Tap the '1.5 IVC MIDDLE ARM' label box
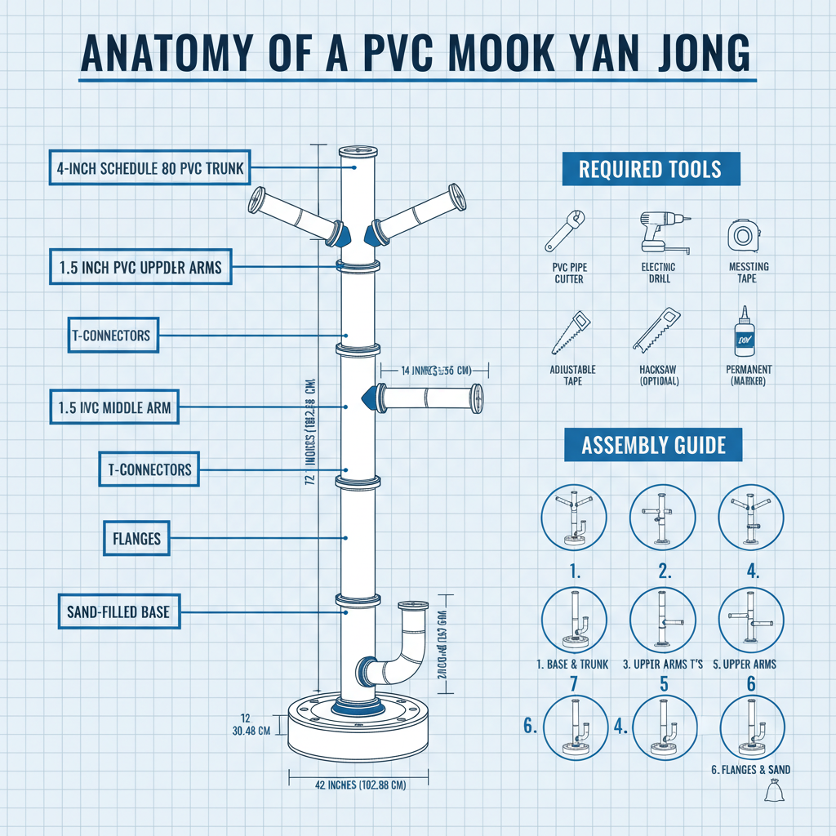[x=114, y=407]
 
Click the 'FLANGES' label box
[x=136, y=538]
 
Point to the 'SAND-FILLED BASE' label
[x=118, y=611]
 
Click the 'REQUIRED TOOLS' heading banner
[x=650, y=170]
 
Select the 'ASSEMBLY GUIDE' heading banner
[x=653, y=445]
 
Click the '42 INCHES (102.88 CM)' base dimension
[x=360, y=785]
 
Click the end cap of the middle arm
[x=476, y=399]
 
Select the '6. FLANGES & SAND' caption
[x=750, y=769]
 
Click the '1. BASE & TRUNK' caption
[x=572, y=664]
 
